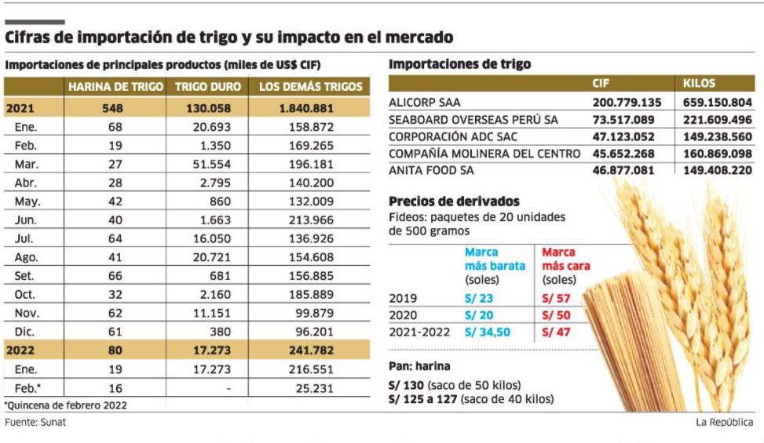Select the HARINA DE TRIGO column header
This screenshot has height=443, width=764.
115,87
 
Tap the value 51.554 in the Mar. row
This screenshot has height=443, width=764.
210,165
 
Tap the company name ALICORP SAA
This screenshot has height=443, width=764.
425,103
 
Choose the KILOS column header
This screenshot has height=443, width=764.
700,83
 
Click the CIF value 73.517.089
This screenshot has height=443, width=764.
627,119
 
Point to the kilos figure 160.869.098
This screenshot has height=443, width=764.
714,153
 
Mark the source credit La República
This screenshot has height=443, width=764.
724,423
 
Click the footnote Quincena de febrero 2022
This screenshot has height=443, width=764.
66,405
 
